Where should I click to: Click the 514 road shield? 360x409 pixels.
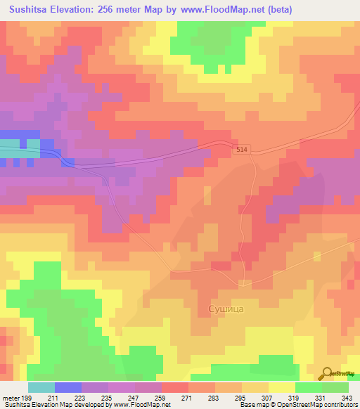point(243,150)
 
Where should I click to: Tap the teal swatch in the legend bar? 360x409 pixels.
point(41,387)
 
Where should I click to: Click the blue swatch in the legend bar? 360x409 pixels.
point(68,387)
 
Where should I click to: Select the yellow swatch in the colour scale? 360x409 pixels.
point(282,387)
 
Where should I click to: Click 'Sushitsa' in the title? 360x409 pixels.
point(32,9)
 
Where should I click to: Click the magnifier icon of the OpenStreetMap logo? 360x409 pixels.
point(327,372)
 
